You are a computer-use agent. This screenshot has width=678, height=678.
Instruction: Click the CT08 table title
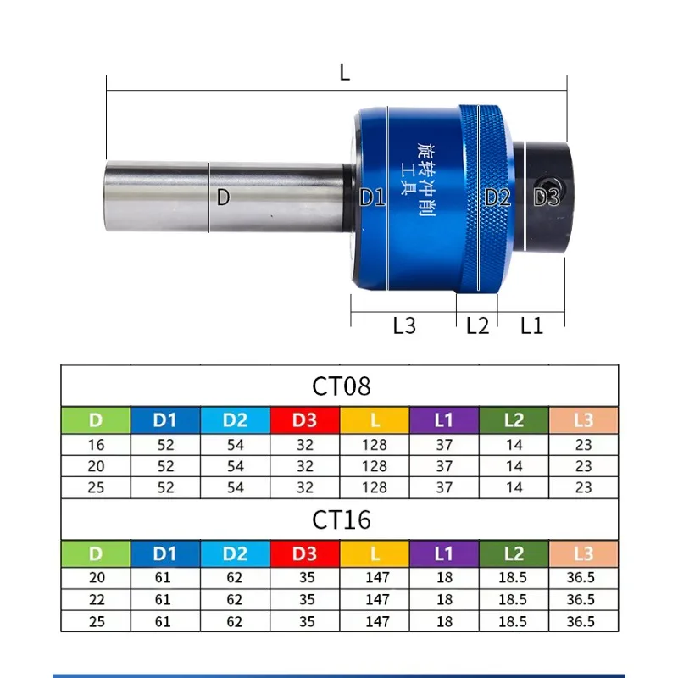341,386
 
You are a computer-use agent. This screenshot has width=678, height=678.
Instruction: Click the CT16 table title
341,520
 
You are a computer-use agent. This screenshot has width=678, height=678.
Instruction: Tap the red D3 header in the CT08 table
305,420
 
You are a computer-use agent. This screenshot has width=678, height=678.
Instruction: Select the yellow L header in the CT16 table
375,553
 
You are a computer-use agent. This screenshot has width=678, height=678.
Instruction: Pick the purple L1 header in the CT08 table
444,420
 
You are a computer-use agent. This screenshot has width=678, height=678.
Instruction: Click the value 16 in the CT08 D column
96,444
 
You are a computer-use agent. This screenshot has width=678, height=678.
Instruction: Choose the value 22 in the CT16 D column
96,599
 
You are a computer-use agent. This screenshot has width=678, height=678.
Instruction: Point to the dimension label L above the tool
344,72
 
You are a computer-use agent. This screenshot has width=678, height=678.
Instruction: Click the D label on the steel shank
223,197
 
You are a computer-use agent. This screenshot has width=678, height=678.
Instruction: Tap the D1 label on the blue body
372,197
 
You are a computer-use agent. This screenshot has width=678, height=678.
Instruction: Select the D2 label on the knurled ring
498,197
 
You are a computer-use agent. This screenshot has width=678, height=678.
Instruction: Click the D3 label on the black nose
547,197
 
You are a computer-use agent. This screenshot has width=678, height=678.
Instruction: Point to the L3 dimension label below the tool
404,325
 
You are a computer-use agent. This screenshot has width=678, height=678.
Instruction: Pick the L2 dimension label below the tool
478,325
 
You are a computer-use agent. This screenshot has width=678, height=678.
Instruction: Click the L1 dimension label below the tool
531,325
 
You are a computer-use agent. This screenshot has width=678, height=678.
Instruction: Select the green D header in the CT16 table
96,553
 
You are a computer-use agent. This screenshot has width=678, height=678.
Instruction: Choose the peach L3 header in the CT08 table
583,420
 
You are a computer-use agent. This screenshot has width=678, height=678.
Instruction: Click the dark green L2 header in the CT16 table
514,553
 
